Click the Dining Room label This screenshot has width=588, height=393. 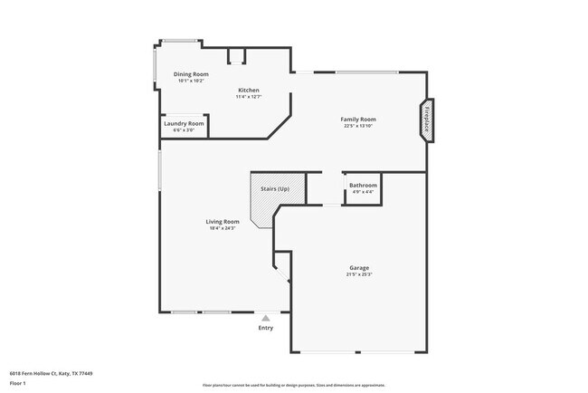click(x=191, y=73)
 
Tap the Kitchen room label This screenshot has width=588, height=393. click(x=249, y=90)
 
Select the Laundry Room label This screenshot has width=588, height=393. click(x=184, y=123)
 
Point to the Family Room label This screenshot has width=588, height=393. click(x=358, y=119)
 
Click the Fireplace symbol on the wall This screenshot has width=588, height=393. click(x=425, y=120)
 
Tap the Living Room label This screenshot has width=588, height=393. click(x=223, y=221)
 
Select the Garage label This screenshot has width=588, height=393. click(x=359, y=267)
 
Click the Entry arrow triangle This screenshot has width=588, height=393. click(x=265, y=318)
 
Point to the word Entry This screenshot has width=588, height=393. click(x=265, y=328)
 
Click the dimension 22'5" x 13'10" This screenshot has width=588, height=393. click(x=358, y=126)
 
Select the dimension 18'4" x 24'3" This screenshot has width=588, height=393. click(x=223, y=228)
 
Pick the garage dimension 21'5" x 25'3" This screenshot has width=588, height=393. click(x=359, y=274)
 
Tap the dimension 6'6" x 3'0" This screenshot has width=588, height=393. click(x=184, y=130)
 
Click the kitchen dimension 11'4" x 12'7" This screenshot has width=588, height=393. click(x=249, y=97)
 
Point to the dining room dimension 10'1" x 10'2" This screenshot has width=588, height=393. click(x=191, y=81)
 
